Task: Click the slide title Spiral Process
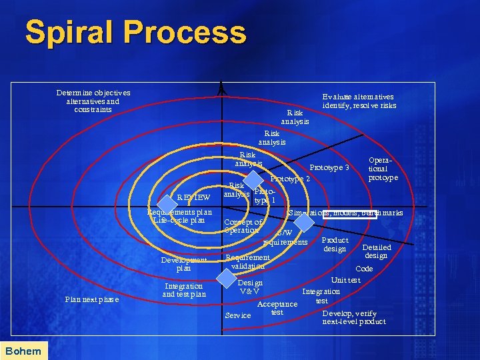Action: pos(135,33)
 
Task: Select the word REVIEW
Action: pos(193,197)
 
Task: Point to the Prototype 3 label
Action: pos(329,167)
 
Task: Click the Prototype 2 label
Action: pos(290,179)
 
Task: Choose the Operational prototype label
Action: pos(383,169)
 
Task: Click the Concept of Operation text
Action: pos(243,226)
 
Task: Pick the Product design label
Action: pos(335,245)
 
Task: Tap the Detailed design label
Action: pos(376,251)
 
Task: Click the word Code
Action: pos(364,269)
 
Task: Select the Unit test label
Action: pos(345,280)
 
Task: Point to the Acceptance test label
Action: pos(277,308)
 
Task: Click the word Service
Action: pos(238,315)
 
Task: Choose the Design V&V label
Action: pos(250,287)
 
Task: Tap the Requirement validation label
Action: pos(247,261)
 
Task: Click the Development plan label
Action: pos(183,264)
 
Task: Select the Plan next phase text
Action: pos(92,299)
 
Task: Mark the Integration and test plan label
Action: pos(183,290)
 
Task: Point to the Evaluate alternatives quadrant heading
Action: pos(358,101)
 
